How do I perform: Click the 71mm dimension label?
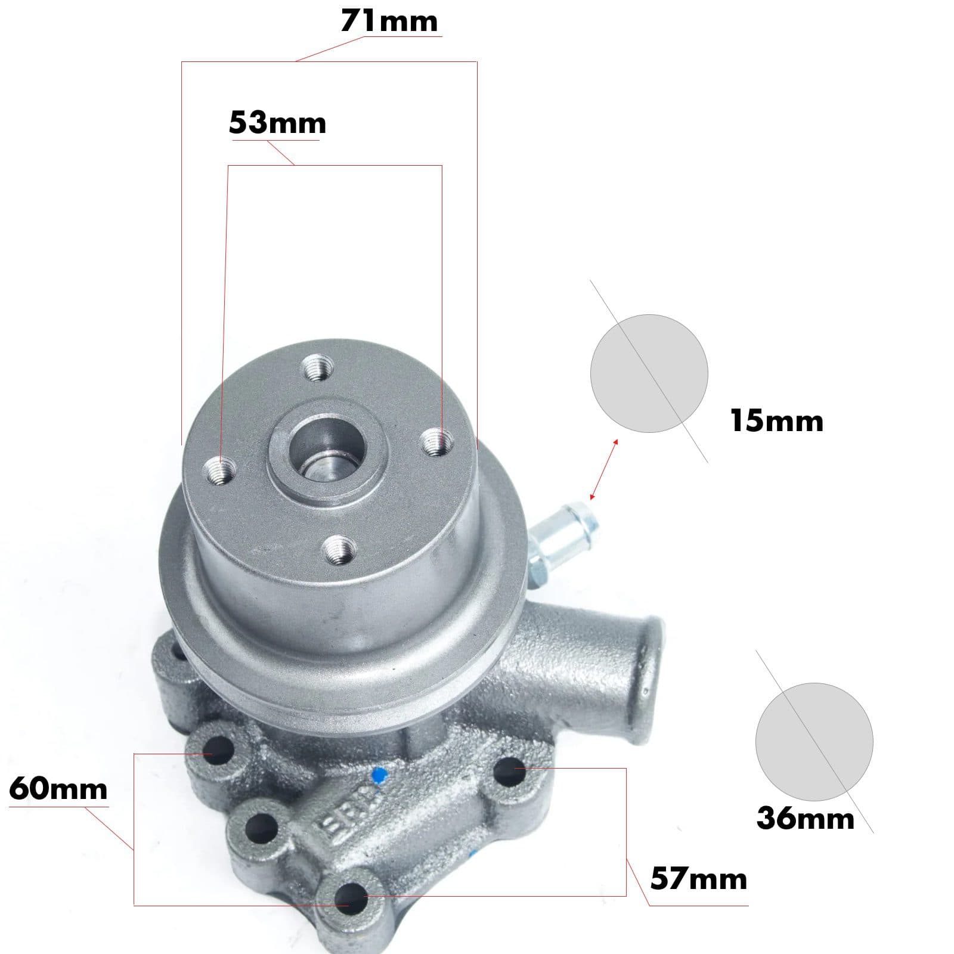coord(389,21)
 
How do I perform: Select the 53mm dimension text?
coord(277,123)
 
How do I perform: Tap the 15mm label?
coord(776,421)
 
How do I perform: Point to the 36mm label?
coord(805,818)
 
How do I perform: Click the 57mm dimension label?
coord(698,879)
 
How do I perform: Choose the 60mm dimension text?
coord(58,789)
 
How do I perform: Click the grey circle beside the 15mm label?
coord(649,373)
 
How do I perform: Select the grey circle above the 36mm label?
coord(814,741)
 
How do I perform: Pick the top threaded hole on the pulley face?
coord(317,369)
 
